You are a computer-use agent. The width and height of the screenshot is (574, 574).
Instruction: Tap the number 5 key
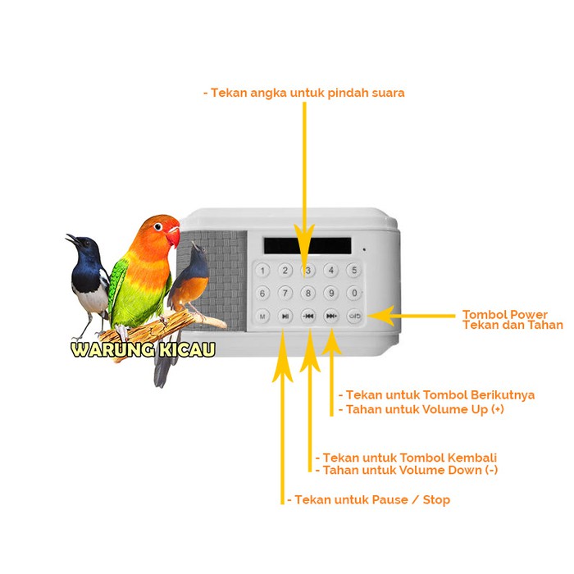354,270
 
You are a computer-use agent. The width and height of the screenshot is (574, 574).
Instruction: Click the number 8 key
308,293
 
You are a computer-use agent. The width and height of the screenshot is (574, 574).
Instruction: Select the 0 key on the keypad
354,293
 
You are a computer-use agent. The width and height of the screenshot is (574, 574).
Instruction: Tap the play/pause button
285,316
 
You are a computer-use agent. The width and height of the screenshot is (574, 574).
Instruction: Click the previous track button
308,316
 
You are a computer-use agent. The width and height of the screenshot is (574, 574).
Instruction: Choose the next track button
331,316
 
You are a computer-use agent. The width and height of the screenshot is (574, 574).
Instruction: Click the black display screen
307,246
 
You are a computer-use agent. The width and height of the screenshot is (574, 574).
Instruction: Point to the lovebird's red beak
173,236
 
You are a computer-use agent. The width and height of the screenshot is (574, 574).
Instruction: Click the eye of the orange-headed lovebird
157,226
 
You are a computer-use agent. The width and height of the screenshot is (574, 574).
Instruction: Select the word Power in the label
529,314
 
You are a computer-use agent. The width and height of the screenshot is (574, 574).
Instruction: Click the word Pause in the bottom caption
389,499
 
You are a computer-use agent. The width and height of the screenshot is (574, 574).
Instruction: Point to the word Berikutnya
502,395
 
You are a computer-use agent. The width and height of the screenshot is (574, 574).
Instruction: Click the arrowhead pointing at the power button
380,316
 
